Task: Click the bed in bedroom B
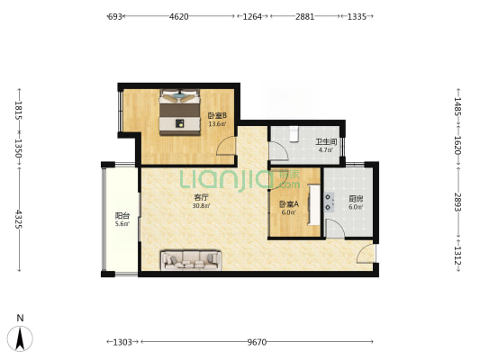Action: coord(179,112)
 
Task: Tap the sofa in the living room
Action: coord(191,260)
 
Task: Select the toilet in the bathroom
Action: coord(294,134)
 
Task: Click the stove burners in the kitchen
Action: coord(329,202)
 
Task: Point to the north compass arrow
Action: coord(20,338)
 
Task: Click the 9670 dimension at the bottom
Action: coord(257,342)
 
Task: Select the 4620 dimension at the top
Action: coord(179,16)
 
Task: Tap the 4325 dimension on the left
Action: coord(19,219)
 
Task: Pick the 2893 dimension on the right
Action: coord(458,202)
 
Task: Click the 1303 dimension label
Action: coord(122,342)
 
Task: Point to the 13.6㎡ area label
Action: coord(217,124)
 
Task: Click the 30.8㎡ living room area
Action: coord(201,206)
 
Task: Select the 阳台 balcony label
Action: coord(122,216)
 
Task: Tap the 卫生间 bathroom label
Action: coord(326,142)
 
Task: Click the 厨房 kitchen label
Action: coord(356,199)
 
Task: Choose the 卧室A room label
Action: coord(289,204)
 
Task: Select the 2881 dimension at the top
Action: coord(305,16)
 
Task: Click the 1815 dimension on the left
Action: coord(19,111)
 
